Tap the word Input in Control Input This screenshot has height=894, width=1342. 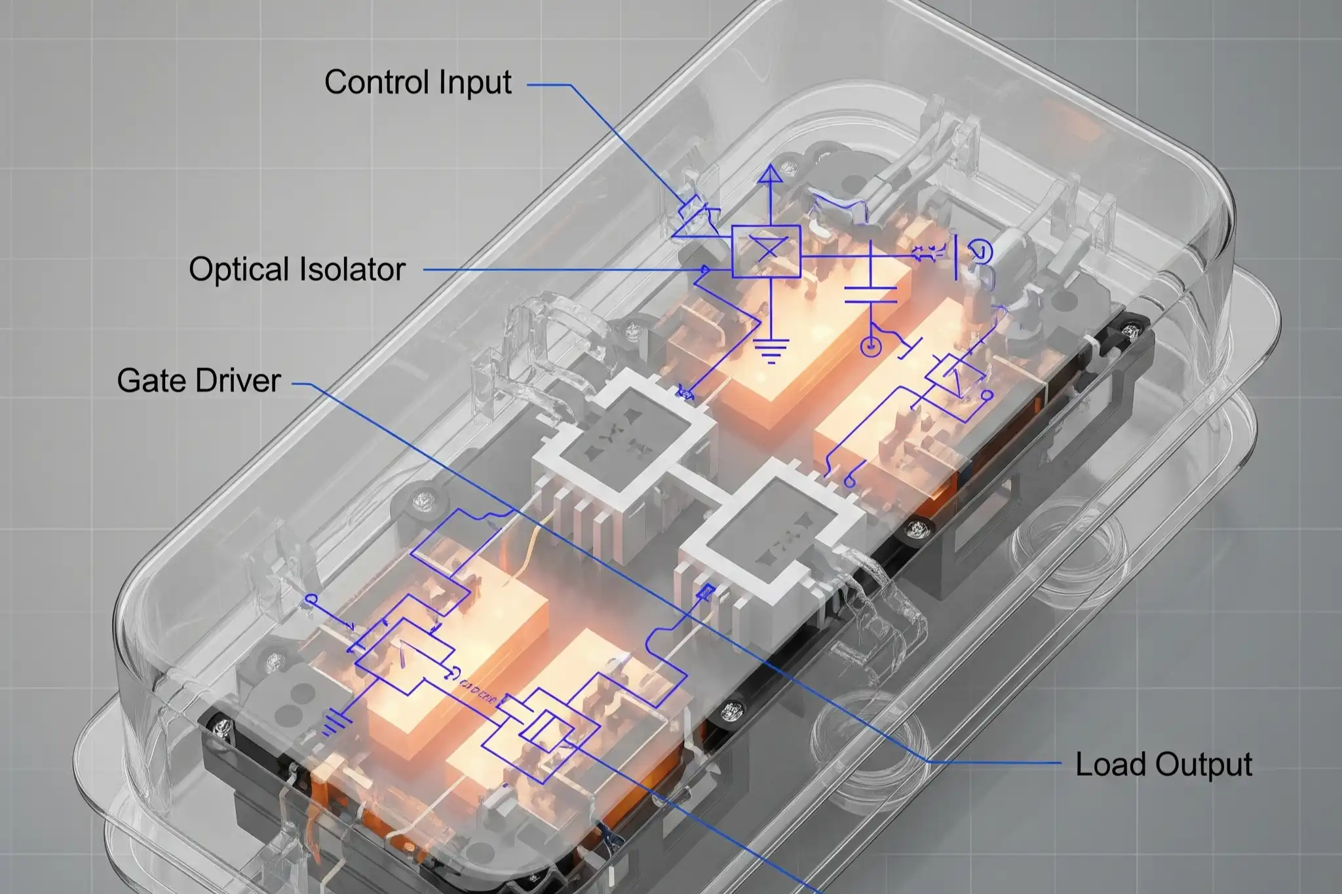(x=475, y=83)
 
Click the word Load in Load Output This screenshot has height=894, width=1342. (x=1111, y=764)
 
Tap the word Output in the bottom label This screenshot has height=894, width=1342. (x=1203, y=764)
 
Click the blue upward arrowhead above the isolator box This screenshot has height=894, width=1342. (x=771, y=174)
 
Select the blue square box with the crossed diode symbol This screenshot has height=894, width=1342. (x=766, y=251)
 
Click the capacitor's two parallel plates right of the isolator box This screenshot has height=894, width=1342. (x=870, y=295)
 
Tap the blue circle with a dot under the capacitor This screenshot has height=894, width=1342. (x=870, y=346)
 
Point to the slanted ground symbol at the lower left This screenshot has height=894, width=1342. (x=335, y=720)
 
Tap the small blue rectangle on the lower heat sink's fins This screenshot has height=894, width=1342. (x=706, y=593)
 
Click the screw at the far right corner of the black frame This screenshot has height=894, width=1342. (x=1128, y=331)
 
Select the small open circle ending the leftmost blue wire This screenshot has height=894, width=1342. (x=311, y=599)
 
